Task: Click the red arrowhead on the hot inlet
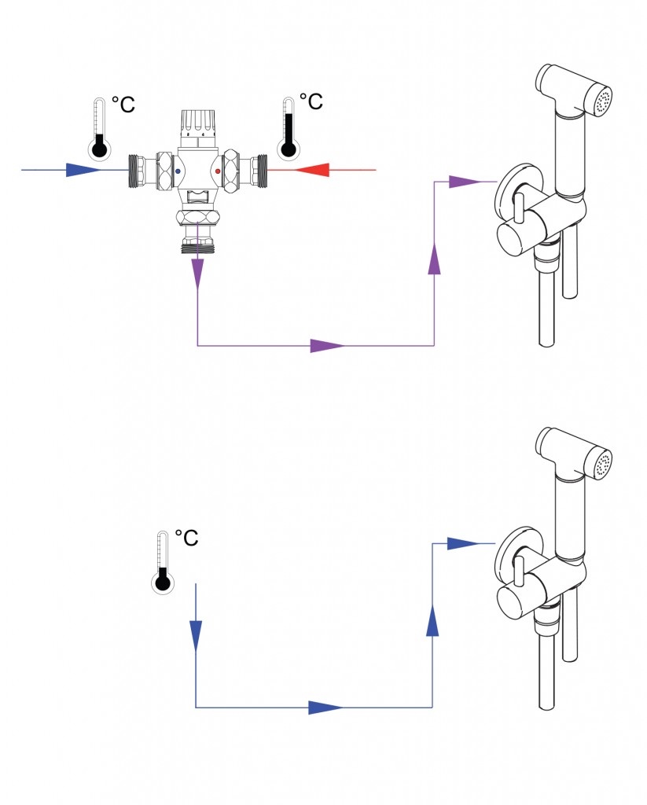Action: pos(314,169)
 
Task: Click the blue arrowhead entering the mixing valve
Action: pos(83,170)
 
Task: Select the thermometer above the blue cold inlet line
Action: pos(99,129)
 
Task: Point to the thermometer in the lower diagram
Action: pos(163,563)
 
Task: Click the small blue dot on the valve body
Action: pos(178,170)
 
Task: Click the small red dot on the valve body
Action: pos(217,170)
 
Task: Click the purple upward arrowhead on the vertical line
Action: pos(434,259)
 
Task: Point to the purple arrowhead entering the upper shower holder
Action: pos(464,182)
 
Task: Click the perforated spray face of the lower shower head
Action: pos(603,463)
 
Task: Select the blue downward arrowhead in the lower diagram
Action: pos(196,634)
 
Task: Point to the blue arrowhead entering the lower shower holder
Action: pos(462,543)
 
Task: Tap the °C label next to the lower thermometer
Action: pos(186,539)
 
